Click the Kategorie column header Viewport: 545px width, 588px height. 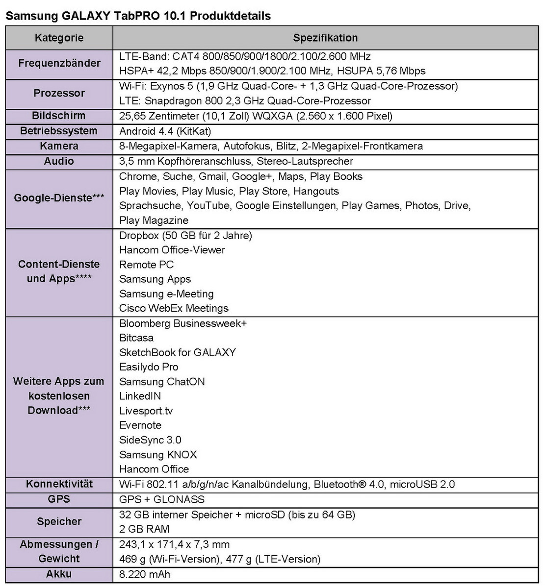coord(59,38)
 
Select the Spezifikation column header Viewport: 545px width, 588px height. coord(325,38)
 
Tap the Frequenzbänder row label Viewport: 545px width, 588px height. coord(59,63)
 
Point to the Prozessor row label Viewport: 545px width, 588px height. coord(59,93)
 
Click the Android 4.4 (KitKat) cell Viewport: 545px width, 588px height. coord(165,131)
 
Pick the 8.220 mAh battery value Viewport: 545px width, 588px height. coord(145,574)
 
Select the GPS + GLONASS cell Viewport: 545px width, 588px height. coord(162,499)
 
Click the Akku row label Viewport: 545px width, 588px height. coord(59,574)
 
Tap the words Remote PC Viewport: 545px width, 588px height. coord(146,265)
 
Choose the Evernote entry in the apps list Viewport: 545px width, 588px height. coord(140,425)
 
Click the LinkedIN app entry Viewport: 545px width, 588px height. coord(140,396)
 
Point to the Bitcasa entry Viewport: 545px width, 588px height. coord(136,338)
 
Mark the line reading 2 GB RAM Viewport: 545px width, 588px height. coord(144,529)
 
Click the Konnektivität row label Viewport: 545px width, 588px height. coord(59,484)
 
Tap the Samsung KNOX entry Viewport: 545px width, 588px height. coord(158,455)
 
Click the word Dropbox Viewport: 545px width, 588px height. coord(138,236)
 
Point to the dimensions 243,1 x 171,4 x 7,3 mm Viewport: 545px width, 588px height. coord(174,544)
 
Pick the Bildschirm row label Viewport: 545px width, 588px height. coord(59,116)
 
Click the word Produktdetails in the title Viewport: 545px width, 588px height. coord(230,16)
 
